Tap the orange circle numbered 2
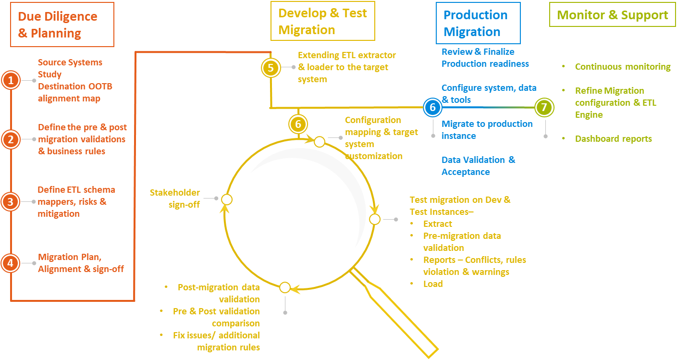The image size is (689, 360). point(11,139)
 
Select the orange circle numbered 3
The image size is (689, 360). point(11,201)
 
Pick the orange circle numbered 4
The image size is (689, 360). point(11,262)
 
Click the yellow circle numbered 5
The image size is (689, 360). point(271,68)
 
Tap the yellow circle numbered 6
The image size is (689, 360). point(298,124)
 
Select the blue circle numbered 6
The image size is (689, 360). point(432,107)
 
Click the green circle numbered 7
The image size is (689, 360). point(544,107)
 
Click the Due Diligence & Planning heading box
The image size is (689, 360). point(62,25)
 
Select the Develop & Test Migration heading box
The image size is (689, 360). point(322,21)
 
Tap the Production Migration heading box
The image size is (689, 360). point(478,23)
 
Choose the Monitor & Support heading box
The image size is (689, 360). point(612,15)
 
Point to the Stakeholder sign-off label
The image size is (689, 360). point(175,198)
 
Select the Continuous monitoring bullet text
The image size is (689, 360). point(622,67)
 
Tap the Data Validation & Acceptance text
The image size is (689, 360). point(478,166)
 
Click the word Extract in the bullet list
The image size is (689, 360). point(437,223)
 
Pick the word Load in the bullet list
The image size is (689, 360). point(432,284)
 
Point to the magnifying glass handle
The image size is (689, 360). point(394,310)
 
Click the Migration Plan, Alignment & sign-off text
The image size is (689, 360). point(81,263)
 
